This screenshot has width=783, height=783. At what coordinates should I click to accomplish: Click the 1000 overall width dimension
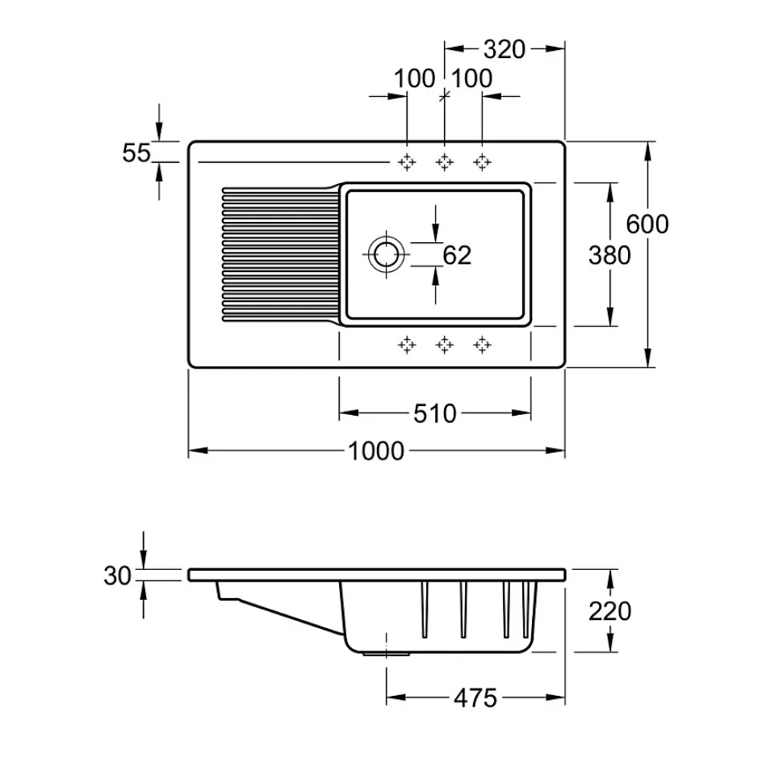coord(376,450)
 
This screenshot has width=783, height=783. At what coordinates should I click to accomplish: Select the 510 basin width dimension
coord(435,414)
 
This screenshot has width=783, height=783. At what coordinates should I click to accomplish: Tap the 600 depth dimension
coord(647,224)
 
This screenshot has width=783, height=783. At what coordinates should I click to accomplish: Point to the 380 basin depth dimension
coord(609,255)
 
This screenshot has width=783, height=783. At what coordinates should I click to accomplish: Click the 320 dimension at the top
coord(505,49)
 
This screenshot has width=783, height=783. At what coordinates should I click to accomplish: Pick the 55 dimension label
coord(137,152)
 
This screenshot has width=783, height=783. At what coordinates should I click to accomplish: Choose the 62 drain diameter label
coord(457,255)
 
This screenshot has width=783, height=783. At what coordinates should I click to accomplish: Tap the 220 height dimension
coord(610,611)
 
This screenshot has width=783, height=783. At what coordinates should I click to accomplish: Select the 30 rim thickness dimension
coord(117,576)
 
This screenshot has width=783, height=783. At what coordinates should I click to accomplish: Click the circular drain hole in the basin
coord(386,253)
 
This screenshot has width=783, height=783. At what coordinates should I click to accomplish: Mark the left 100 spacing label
coord(415,79)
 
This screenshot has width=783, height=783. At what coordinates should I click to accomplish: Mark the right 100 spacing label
coord(472,79)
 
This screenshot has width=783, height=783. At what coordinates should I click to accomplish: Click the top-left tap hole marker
coord(407,162)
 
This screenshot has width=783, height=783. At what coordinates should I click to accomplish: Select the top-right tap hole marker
coord(482,162)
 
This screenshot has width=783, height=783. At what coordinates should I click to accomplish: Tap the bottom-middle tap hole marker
coord(444,345)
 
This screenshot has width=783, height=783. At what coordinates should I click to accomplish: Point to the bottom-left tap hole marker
coord(407,345)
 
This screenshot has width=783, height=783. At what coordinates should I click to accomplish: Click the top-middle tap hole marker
coord(444,162)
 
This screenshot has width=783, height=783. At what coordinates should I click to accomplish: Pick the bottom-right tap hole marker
coord(482,345)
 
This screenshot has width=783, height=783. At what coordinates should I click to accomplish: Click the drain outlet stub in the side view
coord(375,652)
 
